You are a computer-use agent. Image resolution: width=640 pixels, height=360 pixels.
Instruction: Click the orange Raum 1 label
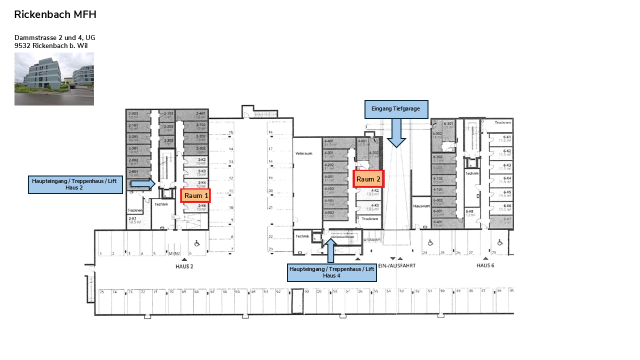(x=195, y=195)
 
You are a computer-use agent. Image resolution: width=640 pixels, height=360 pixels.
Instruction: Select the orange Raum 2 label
(x=368, y=179)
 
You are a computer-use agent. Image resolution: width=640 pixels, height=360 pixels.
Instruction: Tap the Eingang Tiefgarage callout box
(x=396, y=109)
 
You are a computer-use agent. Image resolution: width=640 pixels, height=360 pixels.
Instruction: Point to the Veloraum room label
(x=304, y=153)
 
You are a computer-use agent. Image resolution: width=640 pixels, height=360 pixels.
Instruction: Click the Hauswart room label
(x=421, y=206)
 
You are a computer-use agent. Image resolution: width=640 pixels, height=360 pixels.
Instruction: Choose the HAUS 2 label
(x=184, y=266)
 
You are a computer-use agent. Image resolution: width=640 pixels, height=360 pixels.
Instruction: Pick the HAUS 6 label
(x=485, y=265)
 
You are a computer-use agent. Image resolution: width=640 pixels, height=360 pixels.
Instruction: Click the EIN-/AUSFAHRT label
(x=397, y=265)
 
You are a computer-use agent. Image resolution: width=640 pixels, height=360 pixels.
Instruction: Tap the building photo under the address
(x=54, y=79)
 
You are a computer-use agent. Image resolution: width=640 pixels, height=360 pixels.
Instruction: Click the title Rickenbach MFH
(x=55, y=14)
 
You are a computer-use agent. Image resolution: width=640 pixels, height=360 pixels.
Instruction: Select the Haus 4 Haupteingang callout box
(x=331, y=272)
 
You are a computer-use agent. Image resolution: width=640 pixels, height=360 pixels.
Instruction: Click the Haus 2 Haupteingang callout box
(x=75, y=184)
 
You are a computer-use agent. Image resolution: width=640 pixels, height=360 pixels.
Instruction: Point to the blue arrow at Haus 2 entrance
(x=143, y=184)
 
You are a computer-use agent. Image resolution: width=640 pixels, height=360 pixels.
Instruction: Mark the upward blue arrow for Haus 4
(x=330, y=250)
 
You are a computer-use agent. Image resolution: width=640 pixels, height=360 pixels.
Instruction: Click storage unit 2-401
(x=200, y=114)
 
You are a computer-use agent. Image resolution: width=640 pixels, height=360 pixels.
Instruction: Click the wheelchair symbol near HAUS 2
(x=197, y=243)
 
